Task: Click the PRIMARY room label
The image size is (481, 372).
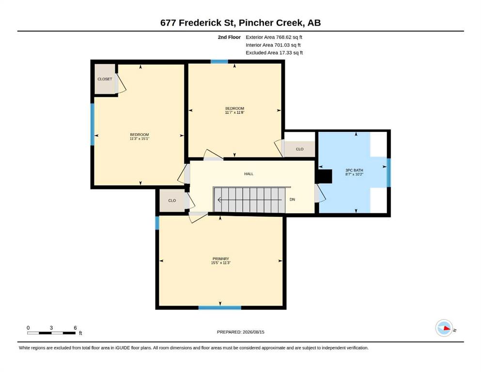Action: pos(220,259)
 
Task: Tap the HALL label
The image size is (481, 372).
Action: pos(249,174)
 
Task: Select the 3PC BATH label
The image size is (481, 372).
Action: pos(354,170)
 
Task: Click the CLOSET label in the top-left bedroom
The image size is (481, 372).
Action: pos(105,79)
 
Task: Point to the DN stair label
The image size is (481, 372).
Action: pos(293,200)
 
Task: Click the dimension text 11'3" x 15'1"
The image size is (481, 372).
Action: pos(140,139)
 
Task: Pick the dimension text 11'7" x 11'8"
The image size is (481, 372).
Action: pos(234,112)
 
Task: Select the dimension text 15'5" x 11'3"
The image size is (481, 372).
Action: pos(220,263)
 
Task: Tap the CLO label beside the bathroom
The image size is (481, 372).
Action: pos(300,149)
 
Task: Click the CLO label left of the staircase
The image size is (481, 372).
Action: pos(172,201)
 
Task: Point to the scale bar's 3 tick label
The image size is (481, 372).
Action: pos(51,328)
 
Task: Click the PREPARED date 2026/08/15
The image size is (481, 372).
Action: pos(253,332)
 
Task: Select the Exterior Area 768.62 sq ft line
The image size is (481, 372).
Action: pos(274,37)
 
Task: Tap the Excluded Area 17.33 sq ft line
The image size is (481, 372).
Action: pos(274,53)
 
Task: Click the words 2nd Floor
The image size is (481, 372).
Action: pos(229,37)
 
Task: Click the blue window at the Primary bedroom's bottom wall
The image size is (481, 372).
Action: pos(219,308)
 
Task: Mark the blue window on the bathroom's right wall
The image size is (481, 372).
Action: pos(388,172)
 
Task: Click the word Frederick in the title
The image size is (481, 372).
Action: pos(207,23)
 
